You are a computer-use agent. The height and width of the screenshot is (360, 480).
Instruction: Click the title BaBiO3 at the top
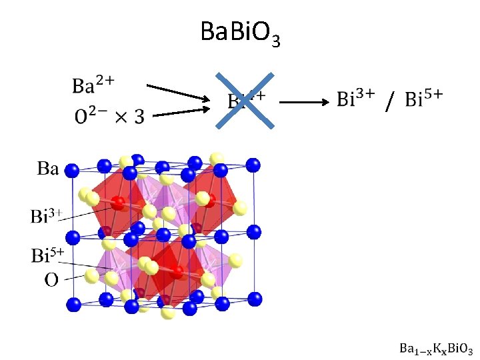[239, 33]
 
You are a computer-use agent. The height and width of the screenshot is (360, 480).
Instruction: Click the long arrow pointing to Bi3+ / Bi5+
[303, 102]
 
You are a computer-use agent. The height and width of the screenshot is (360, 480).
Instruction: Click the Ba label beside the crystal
[47, 168]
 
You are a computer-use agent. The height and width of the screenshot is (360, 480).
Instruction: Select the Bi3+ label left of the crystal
[46, 216]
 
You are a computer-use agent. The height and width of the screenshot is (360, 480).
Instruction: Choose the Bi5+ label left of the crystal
[47, 255]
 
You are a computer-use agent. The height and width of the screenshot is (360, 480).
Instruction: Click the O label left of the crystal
[51, 279]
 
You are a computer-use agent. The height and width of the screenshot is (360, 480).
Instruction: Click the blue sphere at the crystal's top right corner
[253, 165]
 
